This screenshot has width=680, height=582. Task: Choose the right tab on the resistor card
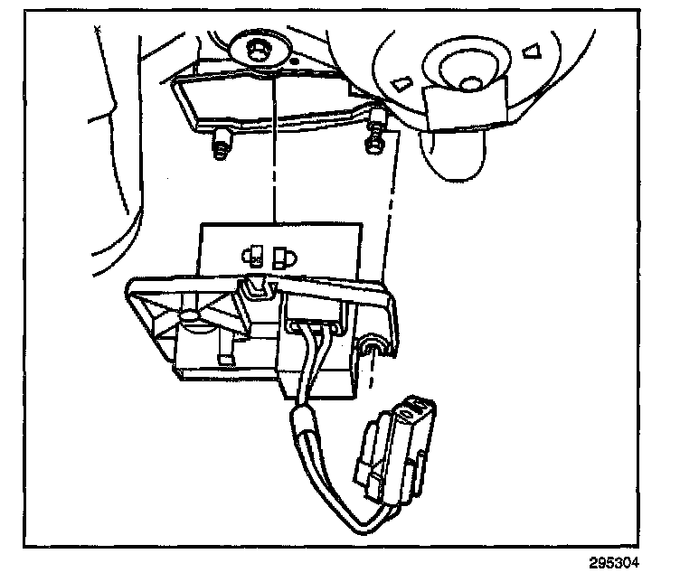(282, 256)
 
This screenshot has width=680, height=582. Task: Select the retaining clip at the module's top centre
(255, 287)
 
